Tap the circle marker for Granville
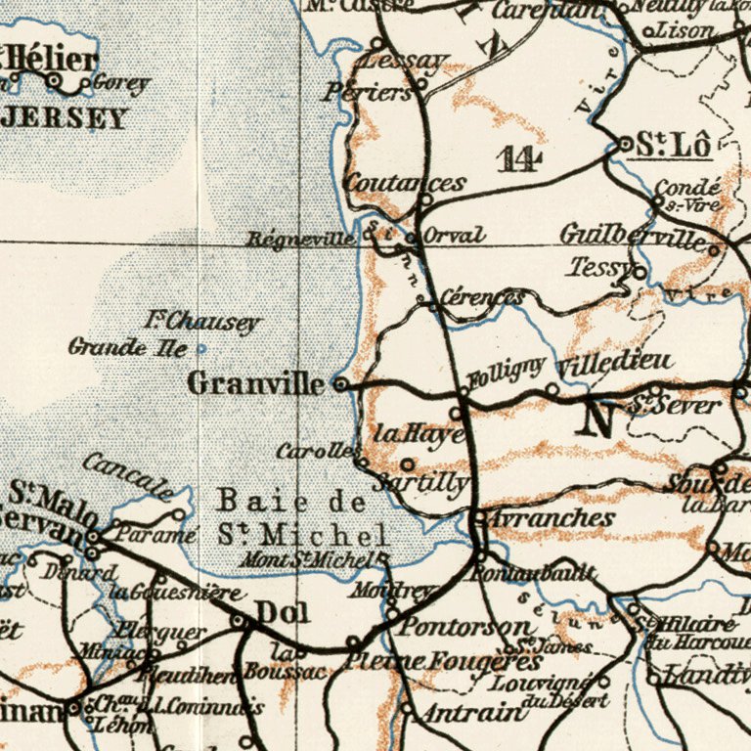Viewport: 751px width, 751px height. [x=340, y=384]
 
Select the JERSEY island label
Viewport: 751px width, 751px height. [x=64, y=118]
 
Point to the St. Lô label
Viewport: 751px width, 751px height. [x=673, y=144]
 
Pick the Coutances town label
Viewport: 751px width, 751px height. [x=404, y=183]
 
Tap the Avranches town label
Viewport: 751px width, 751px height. [x=551, y=517]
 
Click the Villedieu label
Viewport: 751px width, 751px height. [x=615, y=365]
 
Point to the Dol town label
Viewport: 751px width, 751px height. [x=283, y=613]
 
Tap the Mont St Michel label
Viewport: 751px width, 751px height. [x=324, y=559]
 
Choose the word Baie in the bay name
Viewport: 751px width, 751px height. [x=251, y=502]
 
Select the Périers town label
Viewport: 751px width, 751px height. [x=370, y=94]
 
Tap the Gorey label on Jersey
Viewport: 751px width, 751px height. [x=121, y=84]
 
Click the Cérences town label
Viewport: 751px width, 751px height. [x=481, y=296]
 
